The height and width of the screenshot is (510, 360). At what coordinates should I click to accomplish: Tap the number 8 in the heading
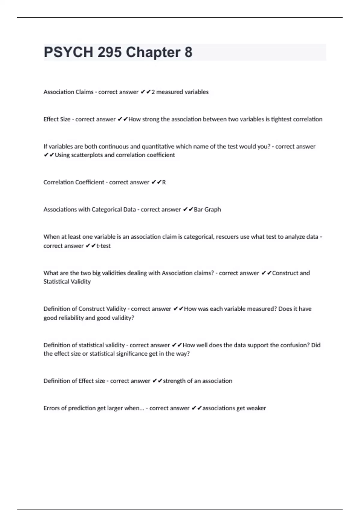tap(188, 52)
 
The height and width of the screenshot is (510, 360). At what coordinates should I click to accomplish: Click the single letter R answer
tap(164, 182)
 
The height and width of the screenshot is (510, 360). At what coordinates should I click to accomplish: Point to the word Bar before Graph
tap(198, 209)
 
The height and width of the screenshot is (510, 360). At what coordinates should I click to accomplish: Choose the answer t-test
tap(103, 246)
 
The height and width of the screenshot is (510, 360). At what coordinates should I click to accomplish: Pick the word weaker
tap(256, 408)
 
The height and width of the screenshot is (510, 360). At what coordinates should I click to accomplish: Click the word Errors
tap(52, 408)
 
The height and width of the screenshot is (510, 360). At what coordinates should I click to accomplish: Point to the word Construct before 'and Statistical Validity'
tap(285, 273)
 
